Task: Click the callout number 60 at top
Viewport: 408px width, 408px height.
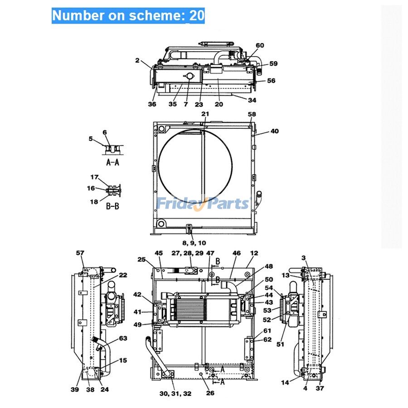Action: click(260, 45)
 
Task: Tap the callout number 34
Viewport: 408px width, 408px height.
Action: click(252, 100)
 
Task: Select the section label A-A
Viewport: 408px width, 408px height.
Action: click(112, 162)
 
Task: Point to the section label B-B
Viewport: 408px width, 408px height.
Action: click(112, 206)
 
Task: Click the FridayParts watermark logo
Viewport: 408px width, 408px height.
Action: click(203, 203)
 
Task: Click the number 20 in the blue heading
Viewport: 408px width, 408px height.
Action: click(197, 15)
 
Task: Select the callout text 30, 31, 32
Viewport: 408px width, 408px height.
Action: click(175, 393)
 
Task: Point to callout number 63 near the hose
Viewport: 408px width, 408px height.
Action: click(123, 338)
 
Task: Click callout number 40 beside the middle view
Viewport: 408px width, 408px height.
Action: click(275, 131)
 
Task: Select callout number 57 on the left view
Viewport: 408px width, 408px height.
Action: click(80, 253)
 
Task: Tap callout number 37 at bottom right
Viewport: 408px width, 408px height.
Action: click(320, 388)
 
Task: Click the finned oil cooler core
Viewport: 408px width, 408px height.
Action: click(190, 308)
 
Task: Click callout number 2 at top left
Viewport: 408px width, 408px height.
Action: click(137, 60)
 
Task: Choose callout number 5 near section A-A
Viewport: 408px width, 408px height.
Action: click(91, 139)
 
